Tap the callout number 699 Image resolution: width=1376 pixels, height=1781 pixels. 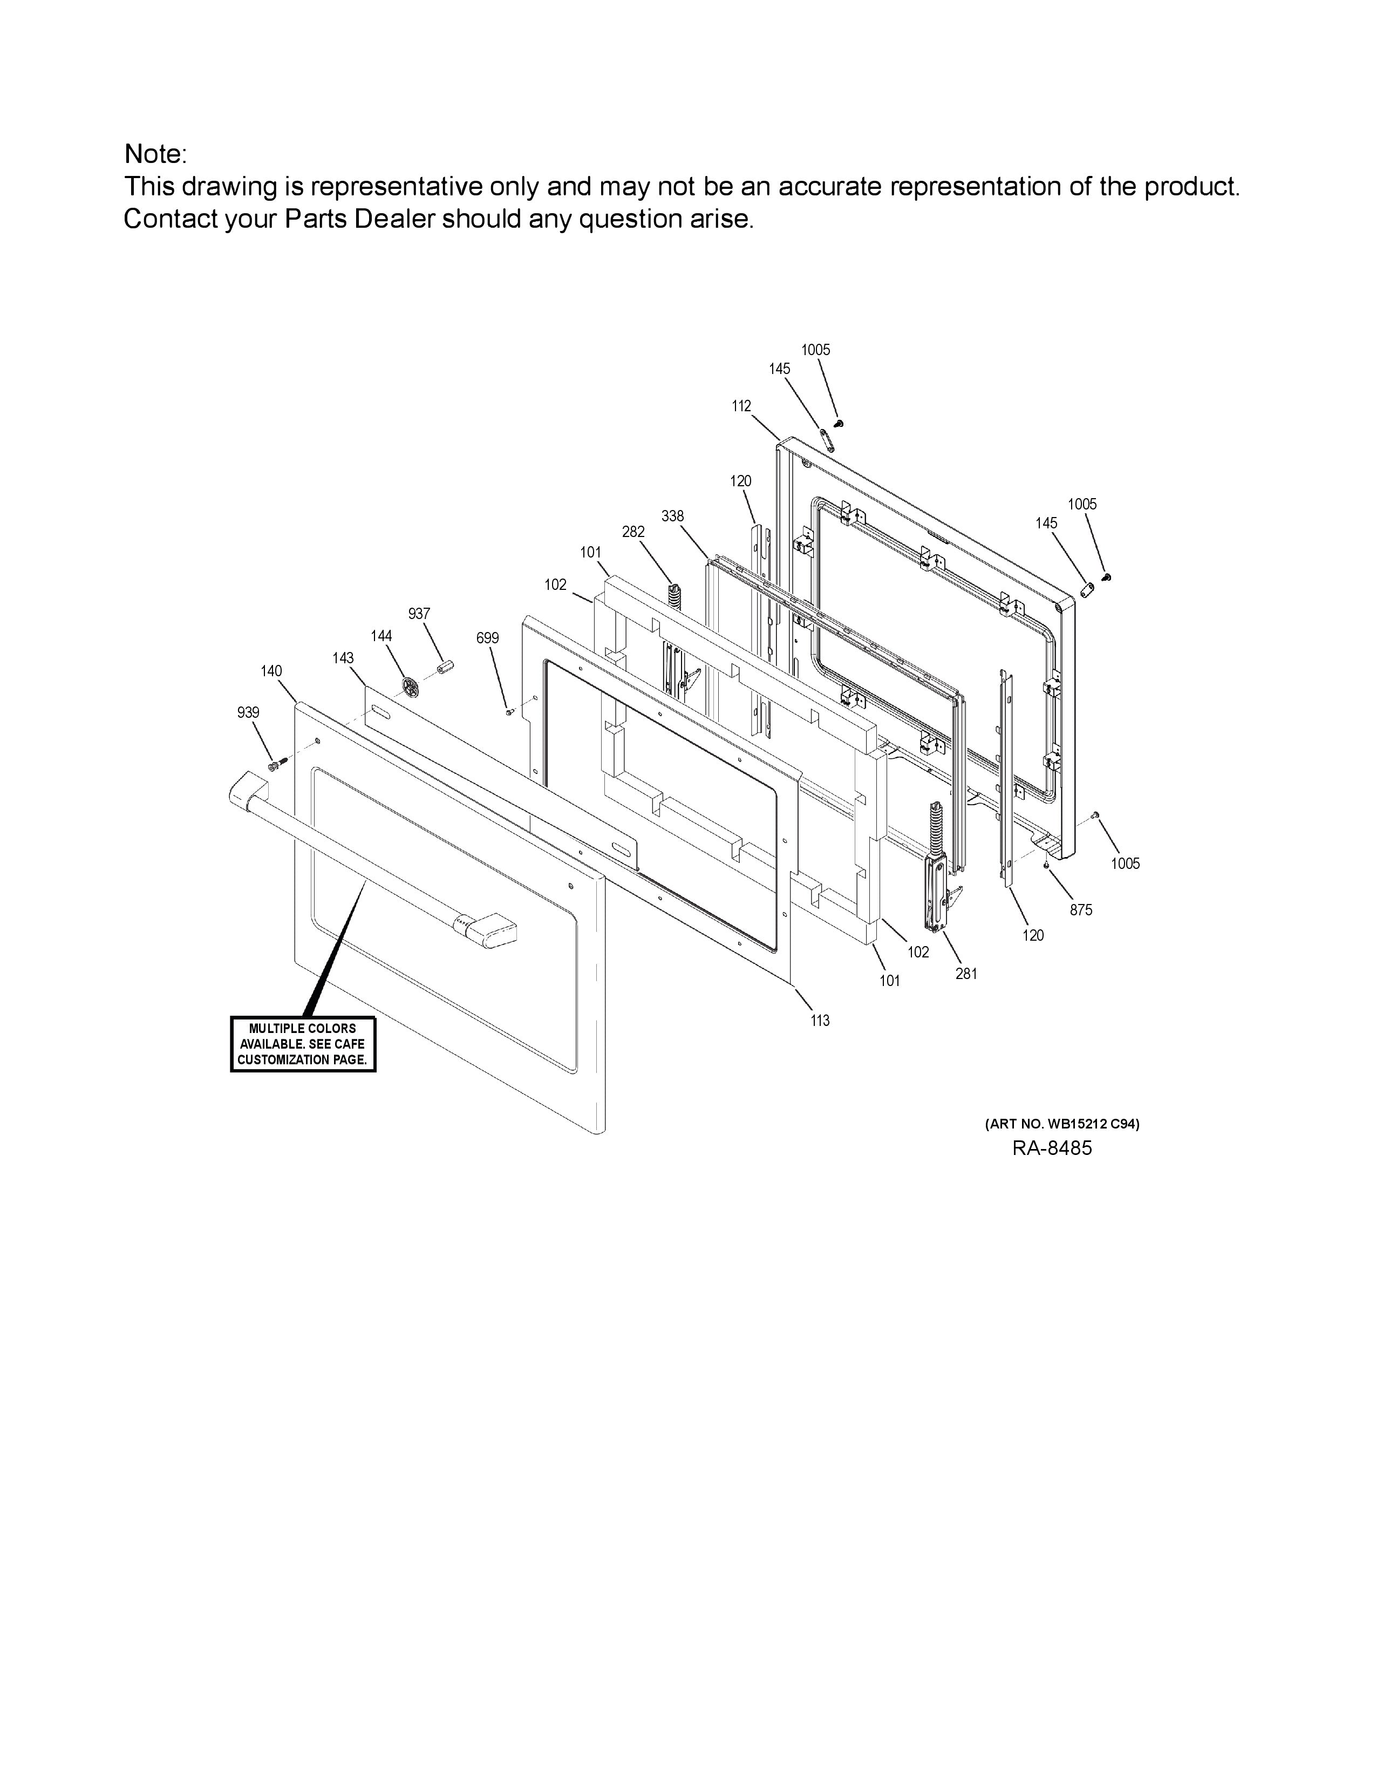(487, 638)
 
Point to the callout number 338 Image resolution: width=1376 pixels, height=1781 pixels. (672, 515)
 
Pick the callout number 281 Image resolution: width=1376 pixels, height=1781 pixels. (966, 973)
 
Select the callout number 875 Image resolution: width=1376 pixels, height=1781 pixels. (1081, 909)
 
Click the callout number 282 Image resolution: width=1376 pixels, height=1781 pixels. (633, 531)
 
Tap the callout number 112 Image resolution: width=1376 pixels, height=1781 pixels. (741, 405)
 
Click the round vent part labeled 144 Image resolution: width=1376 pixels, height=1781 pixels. (412, 686)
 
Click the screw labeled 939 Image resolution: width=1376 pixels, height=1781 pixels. (277, 764)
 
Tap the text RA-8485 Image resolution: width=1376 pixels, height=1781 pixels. (1052, 1148)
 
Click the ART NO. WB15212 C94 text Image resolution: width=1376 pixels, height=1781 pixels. (1061, 1124)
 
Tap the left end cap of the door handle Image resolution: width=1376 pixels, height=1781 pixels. (244, 792)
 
